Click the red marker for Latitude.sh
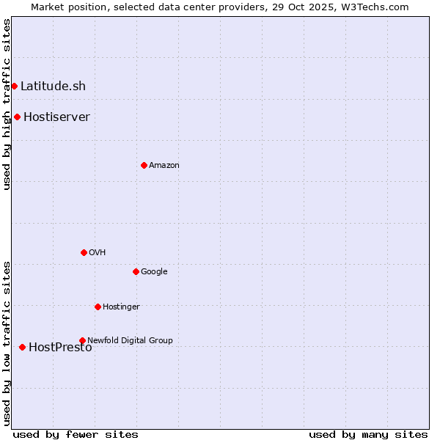tap(14, 87)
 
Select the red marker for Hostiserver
tap(17, 117)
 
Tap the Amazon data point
tap(144, 166)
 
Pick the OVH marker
tap(84, 253)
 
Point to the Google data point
tap(136, 272)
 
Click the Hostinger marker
tap(98, 307)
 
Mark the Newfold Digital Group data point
tap(82, 341)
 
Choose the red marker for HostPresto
tap(22, 348)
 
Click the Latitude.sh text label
tap(53, 87)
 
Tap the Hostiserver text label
tap(56, 117)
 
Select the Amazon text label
tap(164, 166)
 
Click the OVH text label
tap(98, 253)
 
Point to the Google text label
tap(154, 272)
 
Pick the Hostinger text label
tap(121, 307)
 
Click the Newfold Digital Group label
tap(130, 341)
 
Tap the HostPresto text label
tap(60, 348)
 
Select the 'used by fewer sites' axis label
tap(76, 434)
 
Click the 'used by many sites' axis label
tap(368, 434)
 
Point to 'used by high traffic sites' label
tap(7, 104)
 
